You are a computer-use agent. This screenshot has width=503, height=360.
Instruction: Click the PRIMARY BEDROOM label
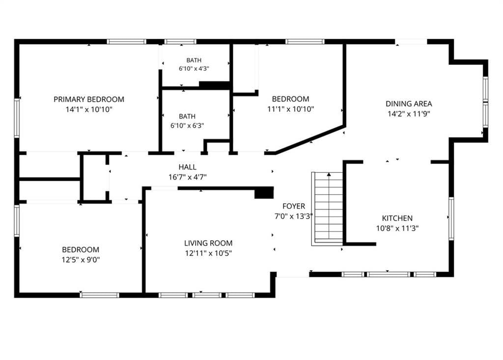[x=89, y=100]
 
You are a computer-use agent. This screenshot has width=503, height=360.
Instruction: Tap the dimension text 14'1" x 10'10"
[x=89, y=110]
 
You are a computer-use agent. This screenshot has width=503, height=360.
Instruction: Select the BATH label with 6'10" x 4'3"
[x=194, y=60]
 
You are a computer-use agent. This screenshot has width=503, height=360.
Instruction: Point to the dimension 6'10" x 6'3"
[x=187, y=125]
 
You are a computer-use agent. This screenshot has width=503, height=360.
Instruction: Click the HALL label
[x=188, y=167]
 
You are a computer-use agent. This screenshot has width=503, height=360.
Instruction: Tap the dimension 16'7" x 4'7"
[x=188, y=177]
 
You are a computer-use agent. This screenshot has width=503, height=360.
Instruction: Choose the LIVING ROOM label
[x=208, y=243]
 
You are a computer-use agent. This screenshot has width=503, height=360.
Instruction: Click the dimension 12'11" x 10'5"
[x=208, y=253]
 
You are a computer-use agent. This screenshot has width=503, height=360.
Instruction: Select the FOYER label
[x=294, y=206]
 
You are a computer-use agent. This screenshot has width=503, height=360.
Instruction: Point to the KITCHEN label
[x=397, y=218]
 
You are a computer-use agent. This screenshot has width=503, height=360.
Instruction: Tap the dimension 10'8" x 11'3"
[x=397, y=228]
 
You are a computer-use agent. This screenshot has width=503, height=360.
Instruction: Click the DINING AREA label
[x=409, y=104]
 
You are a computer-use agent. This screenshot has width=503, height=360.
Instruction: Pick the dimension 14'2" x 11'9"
[x=409, y=113]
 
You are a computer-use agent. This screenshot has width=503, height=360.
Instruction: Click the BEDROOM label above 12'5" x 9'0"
[x=81, y=249]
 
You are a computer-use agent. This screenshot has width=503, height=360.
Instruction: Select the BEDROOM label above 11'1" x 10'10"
[x=291, y=99]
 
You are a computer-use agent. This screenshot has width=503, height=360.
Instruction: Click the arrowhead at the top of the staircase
[x=329, y=174]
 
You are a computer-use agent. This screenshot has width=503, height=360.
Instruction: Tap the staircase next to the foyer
[x=327, y=209]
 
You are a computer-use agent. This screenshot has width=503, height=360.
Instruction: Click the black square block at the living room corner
[x=264, y=193]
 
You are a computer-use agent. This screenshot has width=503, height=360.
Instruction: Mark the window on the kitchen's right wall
[x=451, y=218]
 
